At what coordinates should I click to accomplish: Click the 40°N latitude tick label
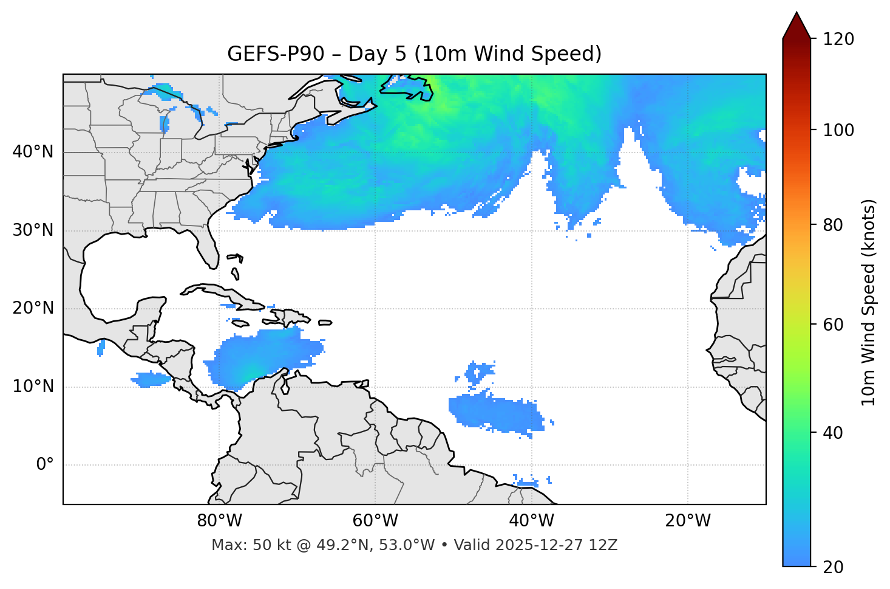click(33, 151)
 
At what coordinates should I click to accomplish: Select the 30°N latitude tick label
click(33, 230)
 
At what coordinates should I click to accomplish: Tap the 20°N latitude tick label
click(33, 308)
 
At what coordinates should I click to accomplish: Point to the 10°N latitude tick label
click(33, 387)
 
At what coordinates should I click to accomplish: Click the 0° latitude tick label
click(45, 465)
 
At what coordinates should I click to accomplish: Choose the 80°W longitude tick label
click(219, 521)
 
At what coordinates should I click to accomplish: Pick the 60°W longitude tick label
click(375, 521)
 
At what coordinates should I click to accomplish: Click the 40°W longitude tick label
click(531, 521)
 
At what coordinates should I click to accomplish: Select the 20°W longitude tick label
click(688, 521)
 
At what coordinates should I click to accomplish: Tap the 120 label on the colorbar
click(838, 39)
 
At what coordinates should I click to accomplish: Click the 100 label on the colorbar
click(838, 130)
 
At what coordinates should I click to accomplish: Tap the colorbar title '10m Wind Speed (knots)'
click(869, 303)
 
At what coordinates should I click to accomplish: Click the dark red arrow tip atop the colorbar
click(797, 24)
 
